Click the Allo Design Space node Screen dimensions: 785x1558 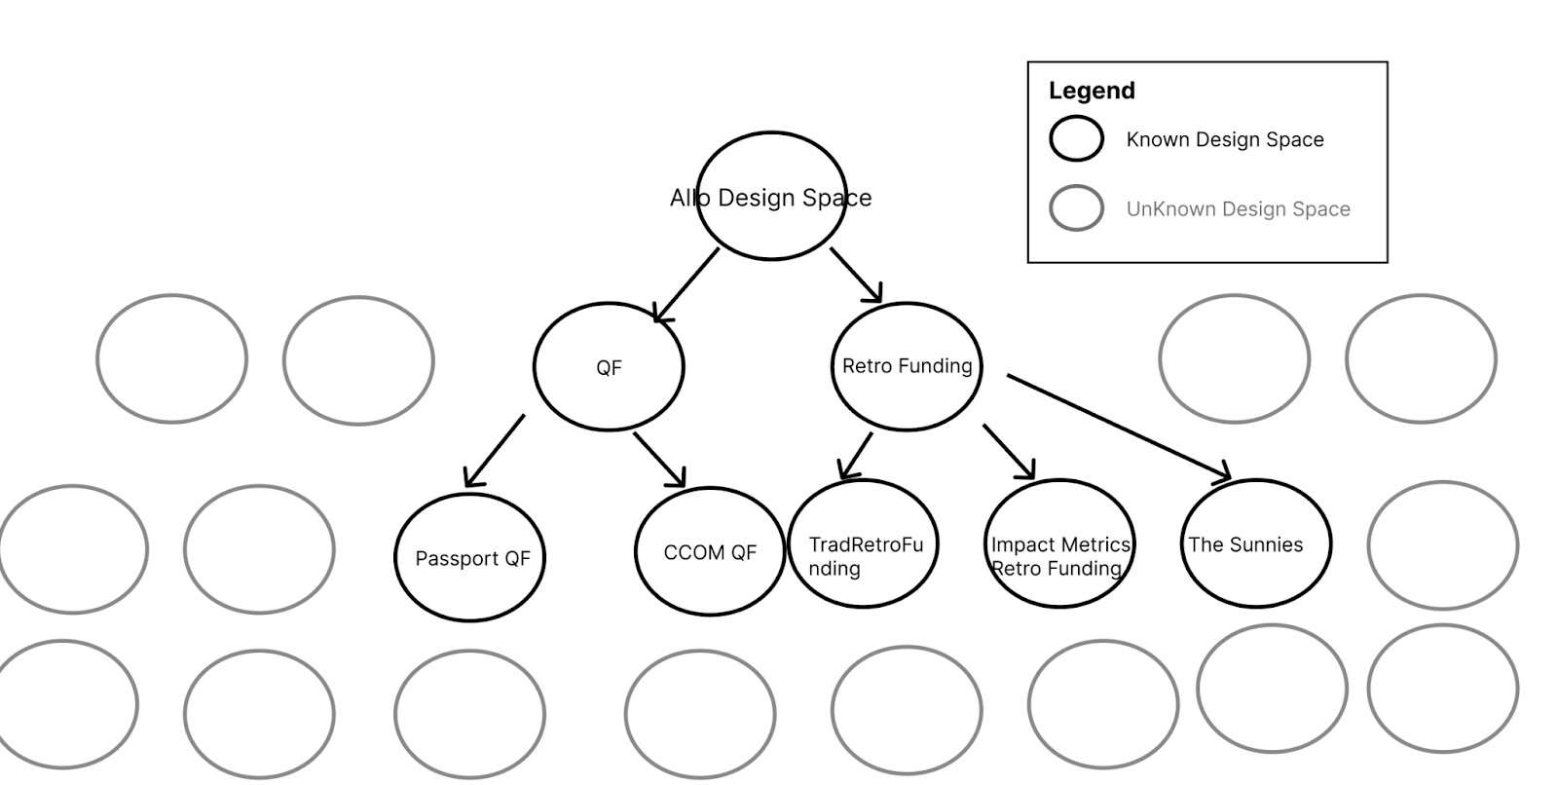click(x=771, y=197)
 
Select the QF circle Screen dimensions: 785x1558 click(x=609, y=367)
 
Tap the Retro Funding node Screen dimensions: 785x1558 click(x=907, y=366)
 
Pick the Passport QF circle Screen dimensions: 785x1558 click(x=470, y=558)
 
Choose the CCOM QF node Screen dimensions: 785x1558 click(x=710, y=552)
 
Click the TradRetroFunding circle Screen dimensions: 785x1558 click(x=863, y=544)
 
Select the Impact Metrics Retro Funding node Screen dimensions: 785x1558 click(x=1060, y=544)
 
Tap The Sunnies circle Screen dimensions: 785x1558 click(x=1255, y=543)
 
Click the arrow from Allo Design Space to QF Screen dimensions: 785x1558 click(x=687, y=284)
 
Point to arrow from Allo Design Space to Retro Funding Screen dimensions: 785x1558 click(x=856, y=275)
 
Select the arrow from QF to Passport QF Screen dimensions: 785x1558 click(x=495, y=450)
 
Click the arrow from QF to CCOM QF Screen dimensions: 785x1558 click(x=659, y=460)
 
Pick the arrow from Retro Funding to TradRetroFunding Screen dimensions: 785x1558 click(x=855, y=456)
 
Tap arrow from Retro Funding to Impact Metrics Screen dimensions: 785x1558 click(x=1009, y=451)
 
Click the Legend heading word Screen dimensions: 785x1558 click(x=1092, y=91)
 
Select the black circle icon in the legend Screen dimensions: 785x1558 click(x=1076, y=138)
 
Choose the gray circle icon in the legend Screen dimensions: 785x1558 click(x=1076, y=207)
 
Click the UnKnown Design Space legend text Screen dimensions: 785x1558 click(x=1238, y=208)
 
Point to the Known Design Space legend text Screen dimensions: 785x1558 click(x=1224, y=139)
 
